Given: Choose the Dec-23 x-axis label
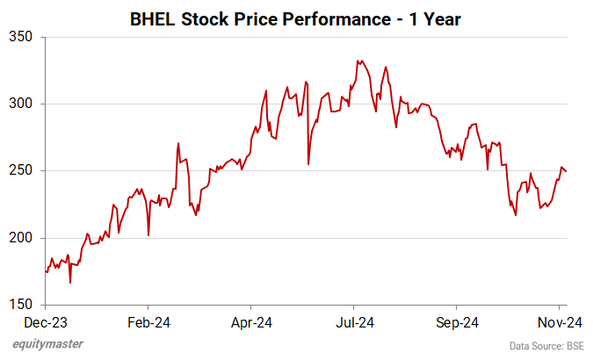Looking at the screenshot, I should point(46,321).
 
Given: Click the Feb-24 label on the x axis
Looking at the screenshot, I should point(148,321).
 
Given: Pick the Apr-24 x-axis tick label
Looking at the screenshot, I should point(252,321).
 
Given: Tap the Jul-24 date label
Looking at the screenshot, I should point(354,321).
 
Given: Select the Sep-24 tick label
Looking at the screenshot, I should point(458,321).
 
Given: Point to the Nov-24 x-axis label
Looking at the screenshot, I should point(557,321).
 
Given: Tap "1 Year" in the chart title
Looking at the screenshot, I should point(436,17).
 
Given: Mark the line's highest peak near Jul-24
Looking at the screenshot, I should point(358,61).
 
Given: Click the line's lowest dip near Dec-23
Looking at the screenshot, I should point(69,282).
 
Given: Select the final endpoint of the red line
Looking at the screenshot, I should point(566,171).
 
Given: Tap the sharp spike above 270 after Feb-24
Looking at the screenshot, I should point(178,143).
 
